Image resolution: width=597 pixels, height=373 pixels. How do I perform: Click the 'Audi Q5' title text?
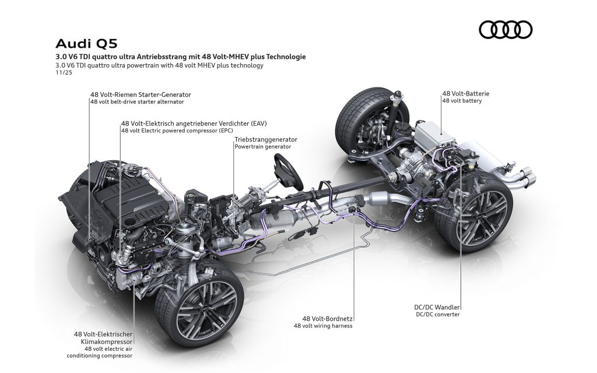pyautogui.click(x=81, y=45)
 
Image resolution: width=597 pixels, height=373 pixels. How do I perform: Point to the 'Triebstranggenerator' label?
pyautogui.click(x=266, y=140)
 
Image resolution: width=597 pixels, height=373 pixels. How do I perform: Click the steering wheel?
pyautogui.click(x=284, y=168)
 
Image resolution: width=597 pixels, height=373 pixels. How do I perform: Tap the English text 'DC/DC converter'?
pyautogui.click(x=438, y=314)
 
